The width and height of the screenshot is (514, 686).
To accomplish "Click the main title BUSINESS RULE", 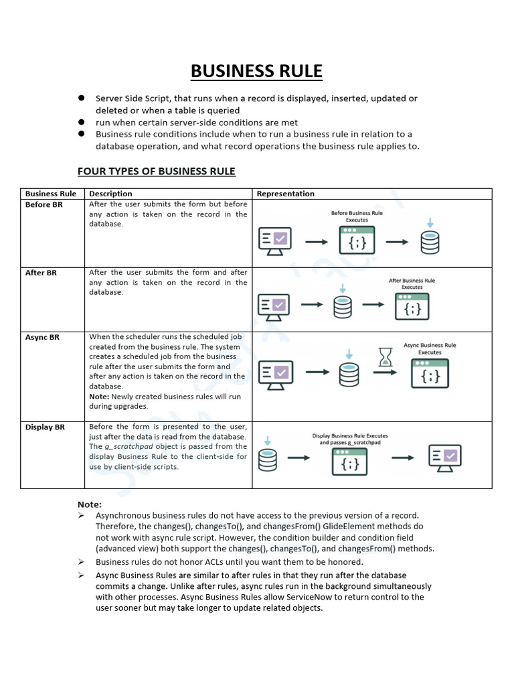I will tap(257, 71).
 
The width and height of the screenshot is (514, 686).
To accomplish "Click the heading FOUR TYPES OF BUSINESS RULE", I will tap(156, 171).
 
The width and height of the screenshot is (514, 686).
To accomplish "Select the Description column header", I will tap(110, 194).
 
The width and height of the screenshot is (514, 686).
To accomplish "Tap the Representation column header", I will tap(286, 194).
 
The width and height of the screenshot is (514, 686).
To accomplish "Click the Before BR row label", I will tap(44, 204).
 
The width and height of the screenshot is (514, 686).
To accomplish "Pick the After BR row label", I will tap(41, 273).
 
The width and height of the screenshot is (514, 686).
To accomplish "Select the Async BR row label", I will tap(42, 337).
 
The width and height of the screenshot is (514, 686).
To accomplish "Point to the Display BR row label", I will tap(45, 427).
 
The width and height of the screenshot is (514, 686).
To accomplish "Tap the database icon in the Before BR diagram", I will tap(430, 243).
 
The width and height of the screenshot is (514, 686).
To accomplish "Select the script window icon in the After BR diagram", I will tap(412, 307).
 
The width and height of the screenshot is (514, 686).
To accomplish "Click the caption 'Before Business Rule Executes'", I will tap(357, 216).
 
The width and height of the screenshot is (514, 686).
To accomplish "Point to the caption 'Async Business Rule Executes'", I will tap(430, 348).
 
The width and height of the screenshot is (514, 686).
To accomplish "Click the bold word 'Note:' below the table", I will tap(90, 504).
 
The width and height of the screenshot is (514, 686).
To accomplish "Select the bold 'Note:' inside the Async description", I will tap(99, 397).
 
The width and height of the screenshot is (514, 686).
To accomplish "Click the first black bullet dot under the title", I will tap(80, 98).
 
